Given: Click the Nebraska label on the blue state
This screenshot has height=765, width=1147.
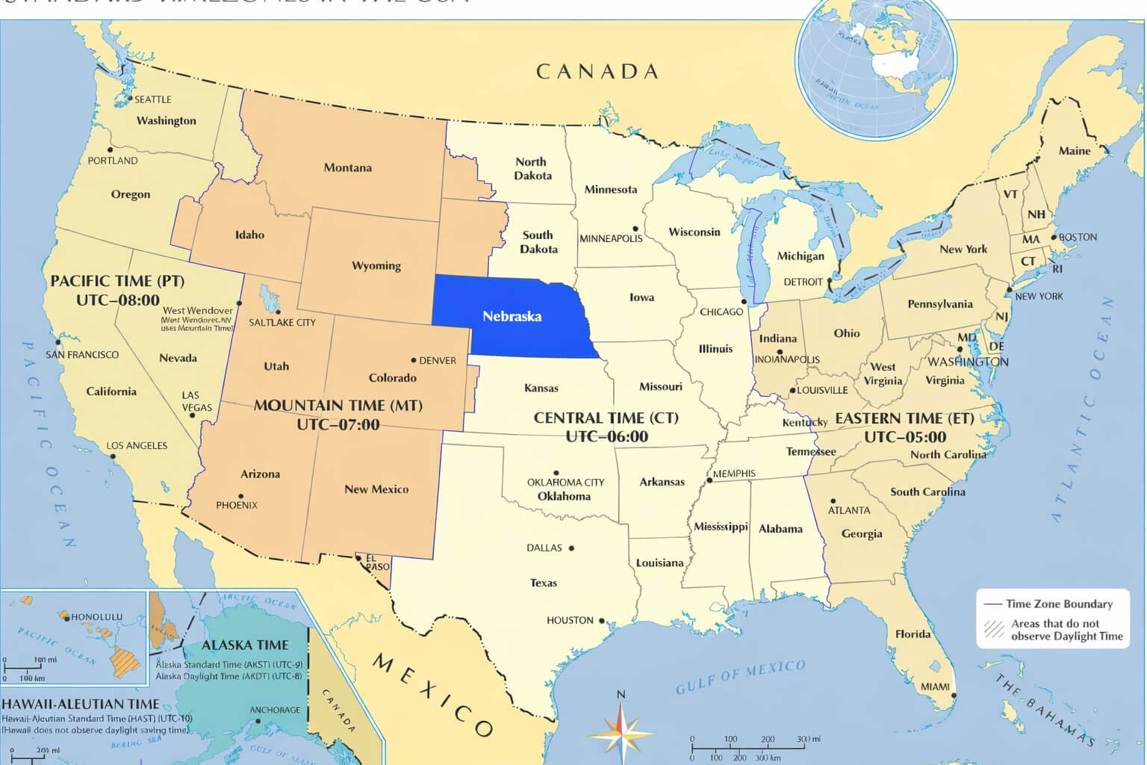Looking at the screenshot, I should click(512, 316).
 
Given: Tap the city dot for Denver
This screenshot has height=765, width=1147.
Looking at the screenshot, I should click(414, 360).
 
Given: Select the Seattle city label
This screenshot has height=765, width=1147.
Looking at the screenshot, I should click(152, 99).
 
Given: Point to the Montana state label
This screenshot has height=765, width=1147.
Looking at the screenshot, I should click(347, 167).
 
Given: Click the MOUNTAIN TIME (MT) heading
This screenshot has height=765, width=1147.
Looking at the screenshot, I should click(338, 406).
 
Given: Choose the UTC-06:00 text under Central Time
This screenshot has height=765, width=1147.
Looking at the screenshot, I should click(606, 437).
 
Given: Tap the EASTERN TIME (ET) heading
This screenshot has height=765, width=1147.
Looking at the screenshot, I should click(904, 418).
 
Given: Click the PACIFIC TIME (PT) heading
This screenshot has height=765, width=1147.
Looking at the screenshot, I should click(117, 281).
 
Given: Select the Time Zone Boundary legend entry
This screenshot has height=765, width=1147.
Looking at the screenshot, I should click(1058, 604).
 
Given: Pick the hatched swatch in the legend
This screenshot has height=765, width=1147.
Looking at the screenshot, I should click(994, 629).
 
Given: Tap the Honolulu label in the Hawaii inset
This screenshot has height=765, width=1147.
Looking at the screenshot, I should click(96, 617).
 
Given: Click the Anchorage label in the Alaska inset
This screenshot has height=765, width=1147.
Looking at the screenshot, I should click(275, 710).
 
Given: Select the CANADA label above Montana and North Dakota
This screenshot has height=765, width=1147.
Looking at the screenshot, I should click(597, 72).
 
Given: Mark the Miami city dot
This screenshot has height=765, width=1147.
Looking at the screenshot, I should click(954, 696).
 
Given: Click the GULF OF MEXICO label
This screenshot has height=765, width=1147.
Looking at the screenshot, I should click(740, 676).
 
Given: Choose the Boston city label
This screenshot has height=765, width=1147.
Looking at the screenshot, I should click(1078, 237).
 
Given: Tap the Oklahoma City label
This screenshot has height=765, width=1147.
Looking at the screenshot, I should click(565, 483).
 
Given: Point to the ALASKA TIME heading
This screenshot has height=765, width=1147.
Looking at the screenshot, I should click(245, 645).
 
